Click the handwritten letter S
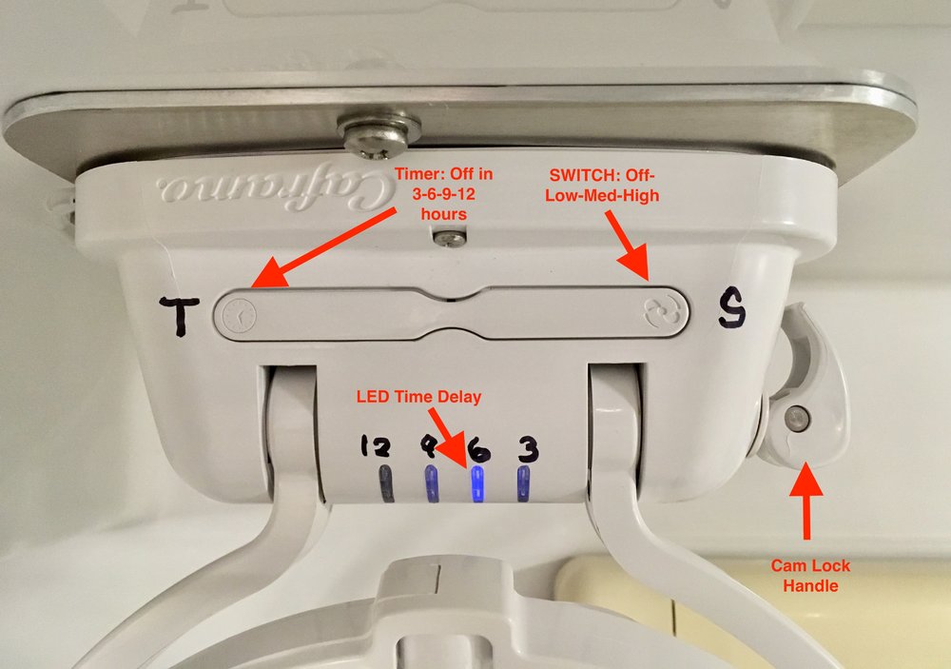pyautogui.click(x=732, y=309)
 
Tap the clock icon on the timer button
pyautogui.click(x=239, y=316)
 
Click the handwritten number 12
pyautogui.click(x=376, y=446)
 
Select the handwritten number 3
pyautogui.click(x=528, y=450)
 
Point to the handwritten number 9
pyautogui.click(x=429, y=446)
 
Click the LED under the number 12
pyautogui.click(x=386, y=482)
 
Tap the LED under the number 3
pyautogui.click(x=523, y=483)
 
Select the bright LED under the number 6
pyautogui.click(x=478, y=484)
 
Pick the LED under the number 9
pyautogui.click(x=432, y=483)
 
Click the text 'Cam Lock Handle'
pyautogui.click(x=810, y=576)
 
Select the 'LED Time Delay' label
pyautogui.click(x=418, y=397)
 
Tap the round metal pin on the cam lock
pyautogui.click(x=797, y=419)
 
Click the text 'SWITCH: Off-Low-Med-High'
pyautogui.click(x=602, y=186)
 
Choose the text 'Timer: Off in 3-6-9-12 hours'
pyautogui.click(x=444, y=194)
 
